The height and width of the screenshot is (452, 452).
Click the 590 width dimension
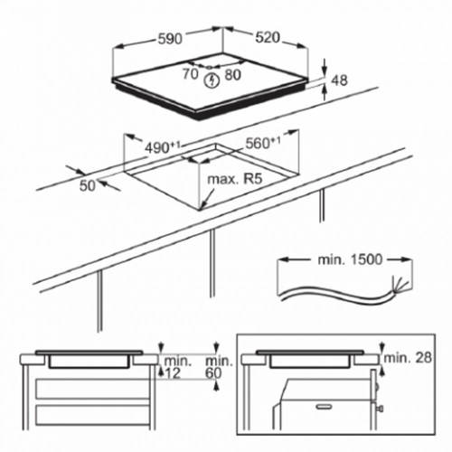point(170,39)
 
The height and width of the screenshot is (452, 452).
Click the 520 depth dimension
point(268,37)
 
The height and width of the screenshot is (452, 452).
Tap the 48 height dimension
point(339,80)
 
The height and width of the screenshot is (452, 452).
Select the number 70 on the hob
point(190,74)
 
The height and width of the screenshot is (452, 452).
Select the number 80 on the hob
point(233,75)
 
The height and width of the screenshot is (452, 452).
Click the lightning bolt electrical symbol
point(212,80)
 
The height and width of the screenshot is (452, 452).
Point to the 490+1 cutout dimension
point(163,147)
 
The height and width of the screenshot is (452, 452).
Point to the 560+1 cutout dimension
point(263,143)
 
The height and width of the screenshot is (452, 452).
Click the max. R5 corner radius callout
point(235,179)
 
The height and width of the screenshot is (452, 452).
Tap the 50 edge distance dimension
point(88,185)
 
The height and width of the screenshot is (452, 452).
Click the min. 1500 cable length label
point(350,259)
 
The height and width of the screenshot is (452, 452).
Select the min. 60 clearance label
point(219,367)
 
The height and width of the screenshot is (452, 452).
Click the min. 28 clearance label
point(408,358)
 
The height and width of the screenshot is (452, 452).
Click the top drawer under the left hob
point(93,389)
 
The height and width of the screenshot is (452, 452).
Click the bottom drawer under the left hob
point(93,415)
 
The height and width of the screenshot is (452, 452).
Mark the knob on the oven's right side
point(381,409)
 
